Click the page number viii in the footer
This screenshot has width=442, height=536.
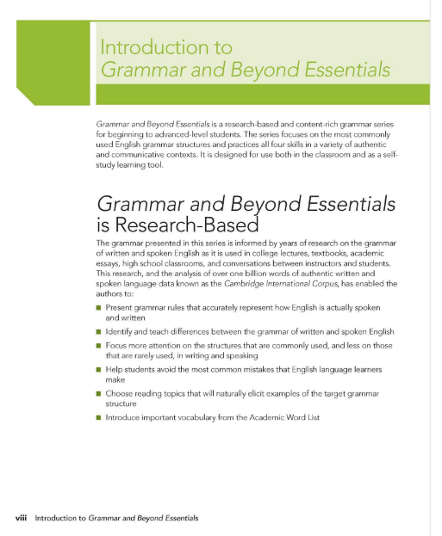pos(22,518)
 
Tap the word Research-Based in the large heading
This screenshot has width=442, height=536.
pos(194,226)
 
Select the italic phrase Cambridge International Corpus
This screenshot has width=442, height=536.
pos(250,282)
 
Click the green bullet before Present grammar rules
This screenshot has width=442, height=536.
pos(99,306)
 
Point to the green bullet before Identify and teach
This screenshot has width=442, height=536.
pos(99,331)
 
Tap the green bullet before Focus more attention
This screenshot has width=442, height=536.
pos(99,345)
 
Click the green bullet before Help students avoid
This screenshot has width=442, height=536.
pos(99,368)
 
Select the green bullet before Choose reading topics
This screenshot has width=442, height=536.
pos(99,392)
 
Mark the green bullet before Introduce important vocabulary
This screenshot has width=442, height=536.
pos(99,416)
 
